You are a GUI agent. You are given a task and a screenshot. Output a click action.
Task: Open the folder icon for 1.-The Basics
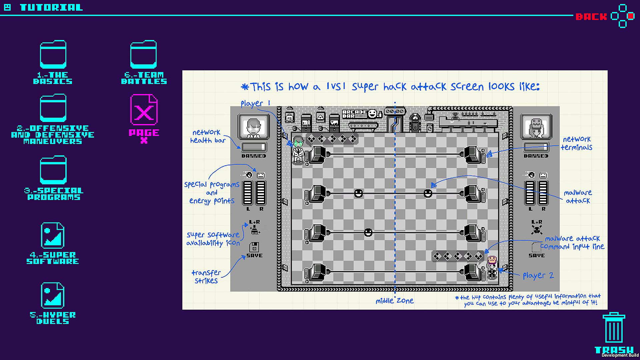[x=53, y=55]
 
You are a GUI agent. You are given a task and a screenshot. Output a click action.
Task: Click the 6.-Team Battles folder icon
[x=143, y=55]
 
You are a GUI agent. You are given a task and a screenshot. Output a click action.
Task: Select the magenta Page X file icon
[x=144, y=110]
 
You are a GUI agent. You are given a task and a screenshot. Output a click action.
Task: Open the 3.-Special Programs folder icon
[x=53, y=170]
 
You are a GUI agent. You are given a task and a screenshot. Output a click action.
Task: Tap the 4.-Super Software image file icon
[x=53, y=236]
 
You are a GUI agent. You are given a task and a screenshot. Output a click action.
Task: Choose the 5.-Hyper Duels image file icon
[x=53, y=296]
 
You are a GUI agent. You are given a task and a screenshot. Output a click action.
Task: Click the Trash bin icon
[x=614, y=327]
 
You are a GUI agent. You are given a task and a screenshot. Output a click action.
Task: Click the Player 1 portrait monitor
[x=254, y=127]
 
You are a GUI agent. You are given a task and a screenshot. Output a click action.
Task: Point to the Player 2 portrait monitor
[x=536, y=127]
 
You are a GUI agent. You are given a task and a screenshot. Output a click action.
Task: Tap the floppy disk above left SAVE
[x=254, y=247]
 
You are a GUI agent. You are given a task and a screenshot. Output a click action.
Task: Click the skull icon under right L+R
[x=537, y=229]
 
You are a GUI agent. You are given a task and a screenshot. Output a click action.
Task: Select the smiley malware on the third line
[x=368, y=232]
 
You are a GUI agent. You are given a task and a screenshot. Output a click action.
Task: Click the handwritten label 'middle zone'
[x=395, y=301]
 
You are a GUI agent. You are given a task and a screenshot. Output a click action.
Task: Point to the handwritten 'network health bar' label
[x=208, y=136]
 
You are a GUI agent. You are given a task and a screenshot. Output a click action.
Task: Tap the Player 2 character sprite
[x=492, y=267]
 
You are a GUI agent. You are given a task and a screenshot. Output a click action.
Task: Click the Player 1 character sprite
[x=298, y=150]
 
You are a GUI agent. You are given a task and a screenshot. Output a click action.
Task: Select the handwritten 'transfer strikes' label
[x=206, y=277]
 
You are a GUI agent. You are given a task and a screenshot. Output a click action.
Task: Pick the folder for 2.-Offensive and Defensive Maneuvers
[x=53, y=108]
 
